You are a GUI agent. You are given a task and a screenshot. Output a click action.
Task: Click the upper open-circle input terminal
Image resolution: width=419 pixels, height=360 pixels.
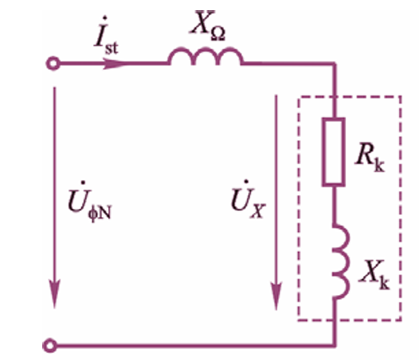point(53,64)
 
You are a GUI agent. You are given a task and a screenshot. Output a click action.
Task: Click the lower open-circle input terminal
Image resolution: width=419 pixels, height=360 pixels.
point(50,346)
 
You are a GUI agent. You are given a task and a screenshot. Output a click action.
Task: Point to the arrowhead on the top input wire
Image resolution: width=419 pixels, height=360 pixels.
point(114,64)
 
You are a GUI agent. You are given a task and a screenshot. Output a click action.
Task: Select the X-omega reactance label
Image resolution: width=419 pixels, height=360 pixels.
point(208,25)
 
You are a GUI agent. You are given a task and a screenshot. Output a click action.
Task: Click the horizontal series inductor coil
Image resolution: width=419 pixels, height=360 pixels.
point(205,56)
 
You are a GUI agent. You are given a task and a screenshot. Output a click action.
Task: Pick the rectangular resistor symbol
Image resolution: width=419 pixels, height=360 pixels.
point(334,152)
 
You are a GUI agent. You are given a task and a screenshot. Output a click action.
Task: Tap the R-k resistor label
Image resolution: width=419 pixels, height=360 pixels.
point(370,158)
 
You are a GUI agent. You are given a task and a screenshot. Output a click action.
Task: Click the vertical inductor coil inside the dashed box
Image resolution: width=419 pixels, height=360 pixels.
point(341,261)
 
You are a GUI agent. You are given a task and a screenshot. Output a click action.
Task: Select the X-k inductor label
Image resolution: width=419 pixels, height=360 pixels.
point(374,275)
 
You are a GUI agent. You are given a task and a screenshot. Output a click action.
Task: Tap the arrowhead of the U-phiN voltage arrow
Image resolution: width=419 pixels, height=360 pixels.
point(55,293)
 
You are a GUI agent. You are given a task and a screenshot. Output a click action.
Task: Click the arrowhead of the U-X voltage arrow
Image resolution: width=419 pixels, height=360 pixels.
point(276,296)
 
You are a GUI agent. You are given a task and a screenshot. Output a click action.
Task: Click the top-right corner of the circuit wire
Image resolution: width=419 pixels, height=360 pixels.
point(334,64)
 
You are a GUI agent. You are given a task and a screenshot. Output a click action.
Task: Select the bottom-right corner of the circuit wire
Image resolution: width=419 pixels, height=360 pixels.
point(334,346)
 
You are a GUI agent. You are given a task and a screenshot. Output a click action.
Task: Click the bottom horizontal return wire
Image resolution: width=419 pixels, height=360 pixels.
point(196,346)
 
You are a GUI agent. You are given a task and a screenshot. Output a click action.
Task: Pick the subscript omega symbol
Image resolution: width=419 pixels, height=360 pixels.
point(218,34)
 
